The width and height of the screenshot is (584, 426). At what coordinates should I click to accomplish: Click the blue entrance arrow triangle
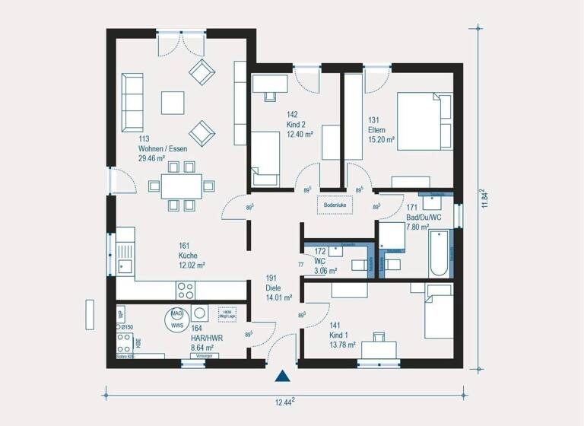(x=283, y=375)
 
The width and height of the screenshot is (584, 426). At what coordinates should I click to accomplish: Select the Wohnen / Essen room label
(x=162, y=149)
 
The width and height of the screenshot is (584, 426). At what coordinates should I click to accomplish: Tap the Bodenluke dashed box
(x=335, y=205)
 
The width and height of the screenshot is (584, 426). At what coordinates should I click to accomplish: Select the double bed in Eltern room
(x=424, y=122)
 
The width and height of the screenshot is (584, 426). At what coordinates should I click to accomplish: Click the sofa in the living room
(x=132, y=103)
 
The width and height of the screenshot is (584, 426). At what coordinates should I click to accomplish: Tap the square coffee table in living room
(x=173, y=102)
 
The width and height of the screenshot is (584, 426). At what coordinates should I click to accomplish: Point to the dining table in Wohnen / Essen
(x=180, y=186)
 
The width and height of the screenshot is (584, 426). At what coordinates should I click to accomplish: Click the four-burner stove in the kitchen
(x=186, y=289)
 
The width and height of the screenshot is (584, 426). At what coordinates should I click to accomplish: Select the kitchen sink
(x=124, y=265)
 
